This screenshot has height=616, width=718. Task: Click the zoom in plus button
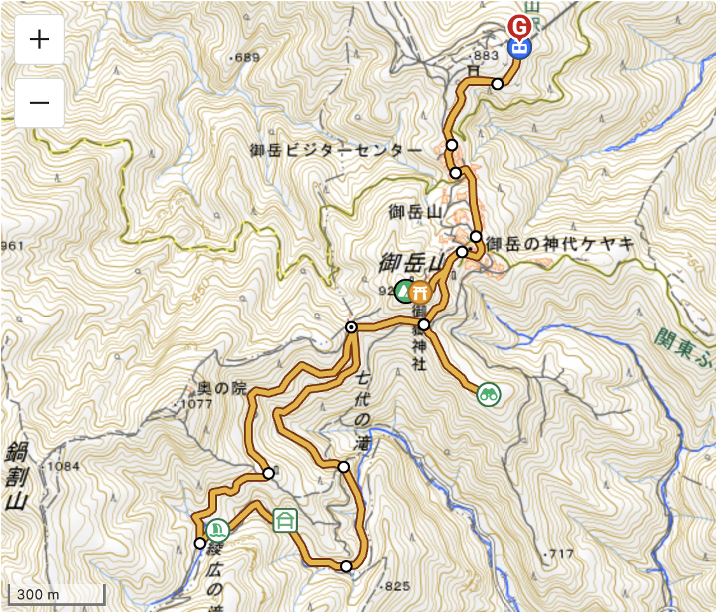click(39, 39)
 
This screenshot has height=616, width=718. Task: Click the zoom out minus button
click(39, 103)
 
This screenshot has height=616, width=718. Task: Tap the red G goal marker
click(519, 27)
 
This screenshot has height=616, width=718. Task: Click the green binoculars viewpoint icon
click(489, 395)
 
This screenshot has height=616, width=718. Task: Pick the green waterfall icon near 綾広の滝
click(218, 529)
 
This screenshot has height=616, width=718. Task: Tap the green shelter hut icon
click(285, 520)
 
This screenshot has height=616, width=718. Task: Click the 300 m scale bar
click(56, 594)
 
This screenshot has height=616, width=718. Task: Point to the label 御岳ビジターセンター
click(336, 151)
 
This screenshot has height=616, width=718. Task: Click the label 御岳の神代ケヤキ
click(560, 244)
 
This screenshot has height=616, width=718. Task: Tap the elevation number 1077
click(195, 404)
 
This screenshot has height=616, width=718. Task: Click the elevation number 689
click(246, 58)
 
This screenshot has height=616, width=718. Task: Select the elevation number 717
click(561, 554)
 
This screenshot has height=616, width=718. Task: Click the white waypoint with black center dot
click(351, 327)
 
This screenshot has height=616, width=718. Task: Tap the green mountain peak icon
click(404, 291)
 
